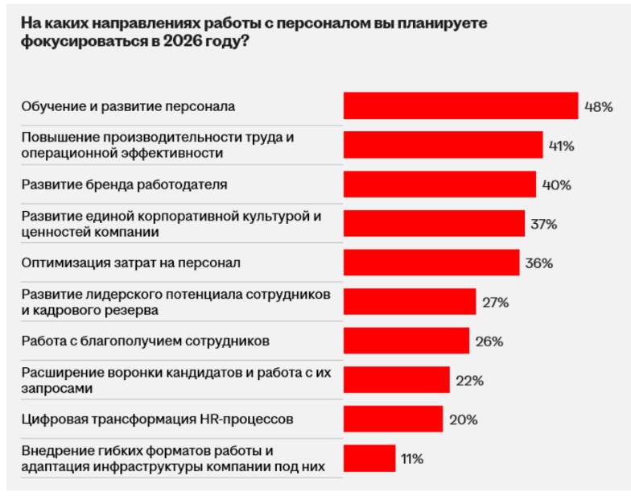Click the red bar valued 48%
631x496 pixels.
point(460,106)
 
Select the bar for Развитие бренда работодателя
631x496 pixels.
point(439,184)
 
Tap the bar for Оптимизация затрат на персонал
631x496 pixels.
point(431,262)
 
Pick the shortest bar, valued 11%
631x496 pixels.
point(369,458)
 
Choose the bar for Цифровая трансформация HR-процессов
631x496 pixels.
point(393,419)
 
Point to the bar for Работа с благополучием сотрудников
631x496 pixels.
point(406,341)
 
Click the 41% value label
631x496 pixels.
point(561,146)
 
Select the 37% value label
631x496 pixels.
point(544,224)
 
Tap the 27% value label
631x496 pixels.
point(496,302)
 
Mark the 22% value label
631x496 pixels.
point(469,380)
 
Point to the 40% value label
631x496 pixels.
point(557,184)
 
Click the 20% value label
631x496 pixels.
point(464,419)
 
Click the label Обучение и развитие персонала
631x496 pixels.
point(128,106)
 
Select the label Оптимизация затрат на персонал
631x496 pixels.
point(130,262)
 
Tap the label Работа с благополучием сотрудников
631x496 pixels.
point(145,341)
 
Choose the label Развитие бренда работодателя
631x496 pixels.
point(124,184)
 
